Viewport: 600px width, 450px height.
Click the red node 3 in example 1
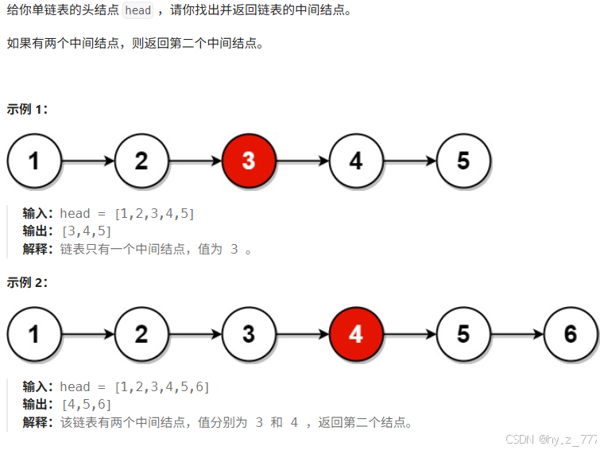click(x=249, y=161)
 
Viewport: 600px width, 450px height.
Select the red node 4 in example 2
click(x=356, y=334)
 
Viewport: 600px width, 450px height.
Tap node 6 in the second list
click(x=571, y=334)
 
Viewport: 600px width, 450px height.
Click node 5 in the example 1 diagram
click(x=463, y=161)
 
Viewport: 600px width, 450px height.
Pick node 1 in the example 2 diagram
click(x=34, y=334)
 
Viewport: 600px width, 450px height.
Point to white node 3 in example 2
click(x=249, y=334)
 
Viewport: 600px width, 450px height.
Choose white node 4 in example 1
click(x=356, y=161)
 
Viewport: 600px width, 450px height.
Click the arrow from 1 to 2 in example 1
click(x=87, y=161)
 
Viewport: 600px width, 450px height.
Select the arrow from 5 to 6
click(x=517, y=334)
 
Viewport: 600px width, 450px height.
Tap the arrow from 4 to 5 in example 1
click(x=409, y=161)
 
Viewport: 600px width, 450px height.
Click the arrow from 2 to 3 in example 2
click(x=195, y=334)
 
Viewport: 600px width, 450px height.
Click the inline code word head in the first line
click(x=138, y=11)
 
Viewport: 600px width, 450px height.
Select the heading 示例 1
click(x=27, y=110)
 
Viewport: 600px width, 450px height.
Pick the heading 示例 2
click(x=27, y=282)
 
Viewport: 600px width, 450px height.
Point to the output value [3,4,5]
click(x=86, y=231)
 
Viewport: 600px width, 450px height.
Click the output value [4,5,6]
click(x=86, y=405)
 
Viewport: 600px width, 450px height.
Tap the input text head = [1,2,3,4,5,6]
click(x=134, y=387)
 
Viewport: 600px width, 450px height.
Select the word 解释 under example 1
click(x=38, y=249)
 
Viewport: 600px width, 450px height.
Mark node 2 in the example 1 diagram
click(x=141, y=161)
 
